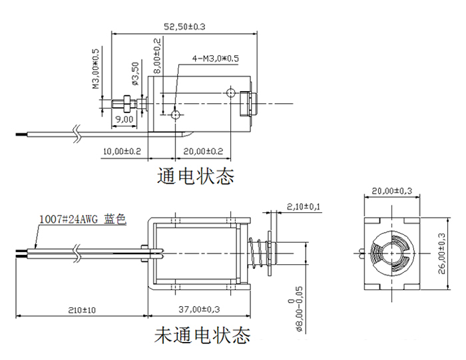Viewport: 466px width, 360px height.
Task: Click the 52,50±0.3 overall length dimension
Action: coord(184,27)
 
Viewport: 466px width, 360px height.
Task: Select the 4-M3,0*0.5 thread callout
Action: coord(215,59)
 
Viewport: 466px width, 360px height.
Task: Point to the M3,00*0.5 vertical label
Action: coord(95,69)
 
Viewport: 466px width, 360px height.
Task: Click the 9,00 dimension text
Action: coord(124,119)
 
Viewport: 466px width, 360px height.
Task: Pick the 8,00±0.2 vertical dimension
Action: coord(157,56)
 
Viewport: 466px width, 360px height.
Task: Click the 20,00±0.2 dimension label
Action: coord(203,152)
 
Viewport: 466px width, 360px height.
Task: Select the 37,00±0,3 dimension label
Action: coord(200,310)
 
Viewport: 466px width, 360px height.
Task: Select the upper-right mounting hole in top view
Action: coord(230,92)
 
